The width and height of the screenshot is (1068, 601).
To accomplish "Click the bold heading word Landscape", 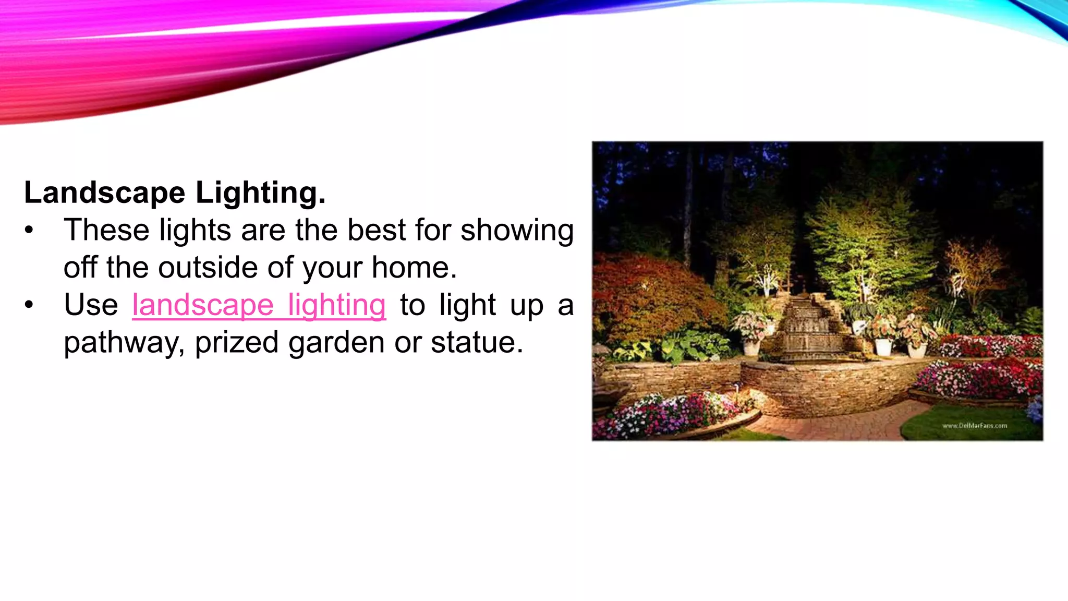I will pyautogui.click(x=104, y=193).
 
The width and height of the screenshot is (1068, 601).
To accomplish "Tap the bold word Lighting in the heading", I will pyautogui.click(x=260, y=193).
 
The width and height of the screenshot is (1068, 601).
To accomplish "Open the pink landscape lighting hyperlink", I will pyautogui.click(x=259, y=305).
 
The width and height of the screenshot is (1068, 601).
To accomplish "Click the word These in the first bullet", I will pyautogui.click(x=106, y=230).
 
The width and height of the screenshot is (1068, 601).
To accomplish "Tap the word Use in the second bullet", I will pyautogui.click(x=91, y=305).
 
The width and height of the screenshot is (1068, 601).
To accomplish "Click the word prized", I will pyautogui.click(x=236, y=343).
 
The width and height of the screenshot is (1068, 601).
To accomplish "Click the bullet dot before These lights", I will pyautogui.click(x=29, y=231).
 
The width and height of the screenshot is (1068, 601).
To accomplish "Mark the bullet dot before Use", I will pyautogui.click(x=29, y=305).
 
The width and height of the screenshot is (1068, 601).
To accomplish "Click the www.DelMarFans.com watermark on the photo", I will pyautogui.click(x=974, y=426).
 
